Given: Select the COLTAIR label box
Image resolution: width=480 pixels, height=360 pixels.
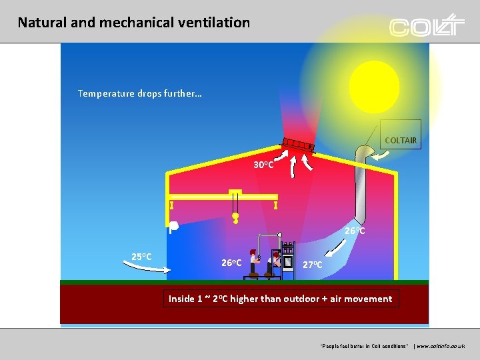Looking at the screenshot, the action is tap(400, 140).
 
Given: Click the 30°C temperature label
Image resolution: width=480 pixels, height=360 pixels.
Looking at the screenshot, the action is tap(263, 164).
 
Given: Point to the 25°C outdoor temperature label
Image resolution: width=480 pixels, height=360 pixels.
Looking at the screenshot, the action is tap(141, 256).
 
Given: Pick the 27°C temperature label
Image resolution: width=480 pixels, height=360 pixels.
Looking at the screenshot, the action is tap(313, 264).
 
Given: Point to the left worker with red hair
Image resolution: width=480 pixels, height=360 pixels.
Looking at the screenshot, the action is tap(253, 261).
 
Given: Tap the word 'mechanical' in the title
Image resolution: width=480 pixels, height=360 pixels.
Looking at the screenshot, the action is tap(135, 23).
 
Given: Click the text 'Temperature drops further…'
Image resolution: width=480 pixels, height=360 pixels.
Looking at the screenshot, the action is tap(139, 93).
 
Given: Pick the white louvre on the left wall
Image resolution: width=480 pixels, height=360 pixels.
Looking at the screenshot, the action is tap(173, 227).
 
